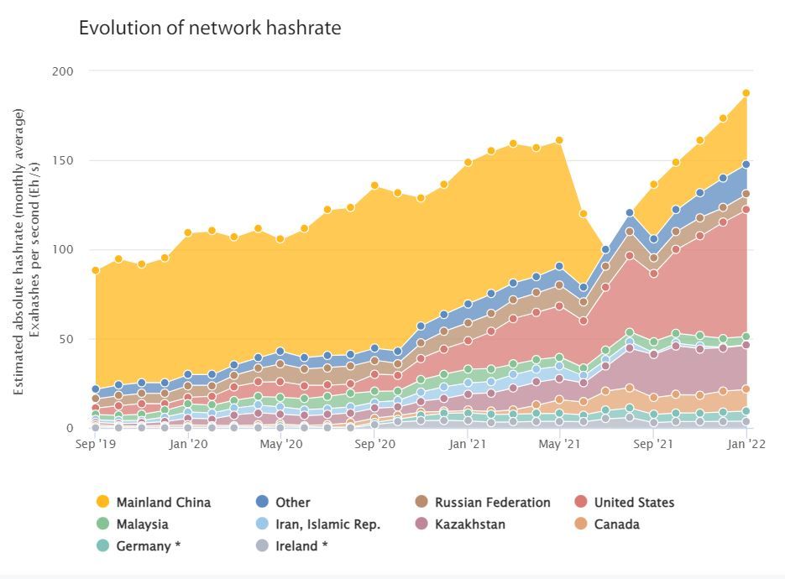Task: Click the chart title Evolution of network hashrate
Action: tap(210, 28)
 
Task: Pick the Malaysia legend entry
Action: tap(142, 524)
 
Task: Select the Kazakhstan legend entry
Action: tap(469, 524)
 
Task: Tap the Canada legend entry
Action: tap(616, 524)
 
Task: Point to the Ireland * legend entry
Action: tap(301, 546)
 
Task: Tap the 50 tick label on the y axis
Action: tap(66, 339)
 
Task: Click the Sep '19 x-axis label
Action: tap(95, 444)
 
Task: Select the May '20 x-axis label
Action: tap(281, 444)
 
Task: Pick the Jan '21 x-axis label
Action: tap(468, 444)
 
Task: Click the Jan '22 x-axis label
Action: tap(745, 444)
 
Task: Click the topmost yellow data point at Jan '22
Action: tap(746, 93)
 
